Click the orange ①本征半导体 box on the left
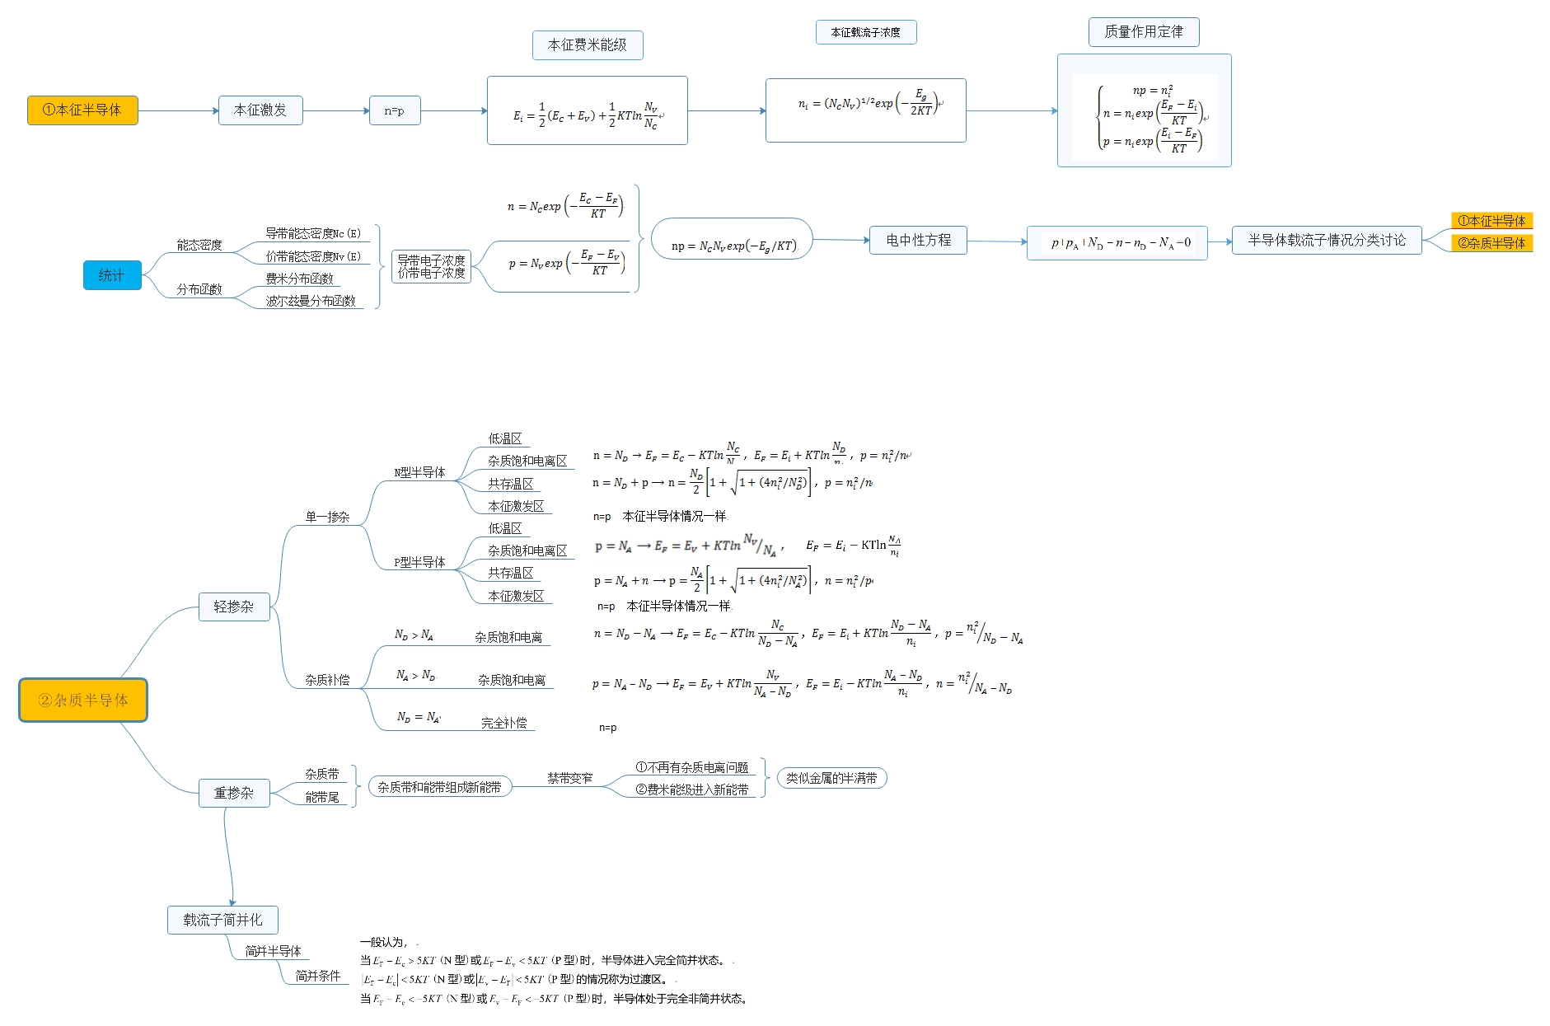click(x=82, y=110)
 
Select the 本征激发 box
click(x=260, y=110)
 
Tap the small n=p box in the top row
click(x=395, y=110)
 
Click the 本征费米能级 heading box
click(x=588, y=45)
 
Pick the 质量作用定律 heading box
click(x=1144, y=32)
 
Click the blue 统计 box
click(x=112, y=275)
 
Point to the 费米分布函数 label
click(x=299, y=279)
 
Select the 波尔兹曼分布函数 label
click(x=311, y=302)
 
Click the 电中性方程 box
click(x=918, y=241)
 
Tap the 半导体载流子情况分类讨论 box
click(x=1327, y=241)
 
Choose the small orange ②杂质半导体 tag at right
click(x=1491, y=243)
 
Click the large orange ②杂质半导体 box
click(x=83, y=700)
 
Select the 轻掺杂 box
click(x=234, y=607)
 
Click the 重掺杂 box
click(x=234, y=793)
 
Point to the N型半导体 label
click(x=419, y=473)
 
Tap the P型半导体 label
click(x=419, y=563)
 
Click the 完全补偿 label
click(x=504, y=723)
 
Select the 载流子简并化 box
click(x=222, y=920)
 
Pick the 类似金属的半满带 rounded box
click(x=831, y=778)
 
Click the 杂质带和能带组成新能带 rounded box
click(x=439, y=787)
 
